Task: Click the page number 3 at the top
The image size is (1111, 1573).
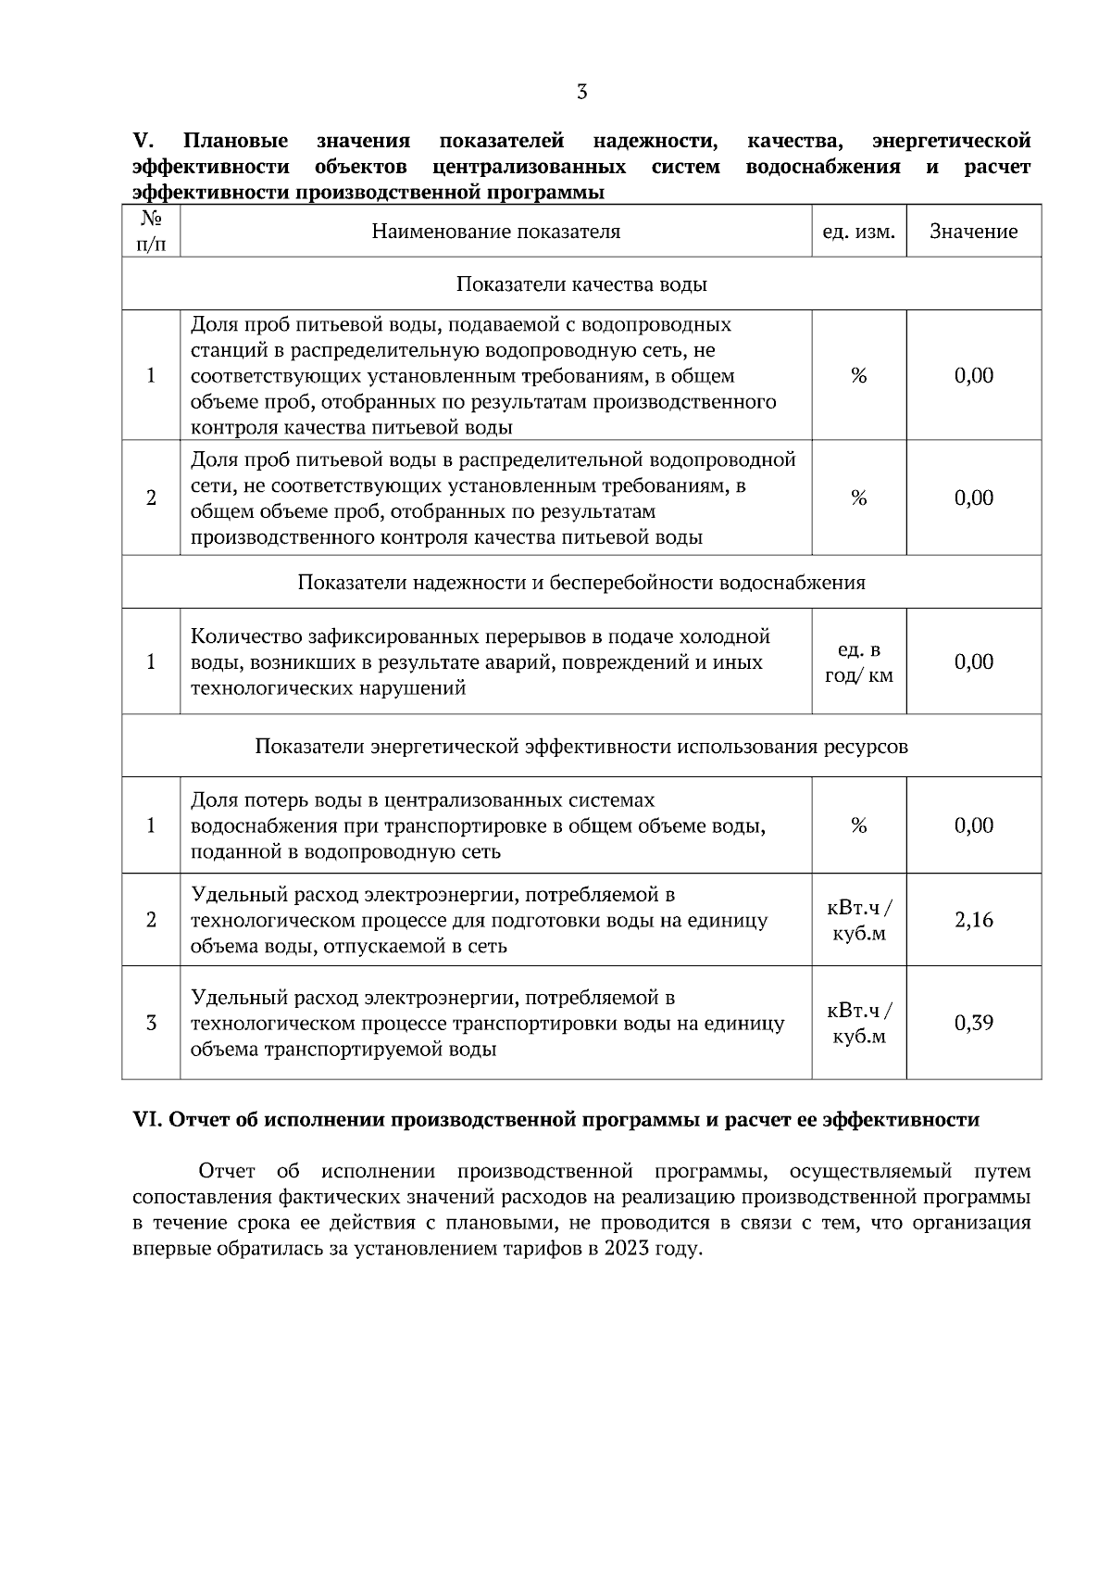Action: [x=581, y=92]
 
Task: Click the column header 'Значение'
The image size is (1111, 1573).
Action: [x=973, y=232]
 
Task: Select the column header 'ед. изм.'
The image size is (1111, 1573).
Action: [x=858, y=232]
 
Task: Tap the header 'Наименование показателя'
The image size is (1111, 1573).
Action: [x=495, y=232]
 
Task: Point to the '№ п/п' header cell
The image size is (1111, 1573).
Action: [x=151, y=232]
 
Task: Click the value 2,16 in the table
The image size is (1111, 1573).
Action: [x=973, y=920]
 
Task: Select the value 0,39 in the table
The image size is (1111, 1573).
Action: [x=973, y=1023]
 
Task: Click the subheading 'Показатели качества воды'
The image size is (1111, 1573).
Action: [x=581, y=284]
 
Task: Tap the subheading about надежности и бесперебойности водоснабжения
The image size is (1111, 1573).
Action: [x=581, y=583]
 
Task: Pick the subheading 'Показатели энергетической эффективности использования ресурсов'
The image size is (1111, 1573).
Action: [x=581, y=747]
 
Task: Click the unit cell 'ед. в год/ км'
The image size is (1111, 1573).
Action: [x=858, y=662]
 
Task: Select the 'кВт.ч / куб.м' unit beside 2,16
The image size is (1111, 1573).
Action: [x=858, y=920]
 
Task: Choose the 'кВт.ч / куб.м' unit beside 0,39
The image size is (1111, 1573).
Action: [x=858, y=1023]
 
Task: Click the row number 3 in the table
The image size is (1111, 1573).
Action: [x=151, y=1023]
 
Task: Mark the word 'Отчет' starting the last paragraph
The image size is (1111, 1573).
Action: [x=227, y=1171]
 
